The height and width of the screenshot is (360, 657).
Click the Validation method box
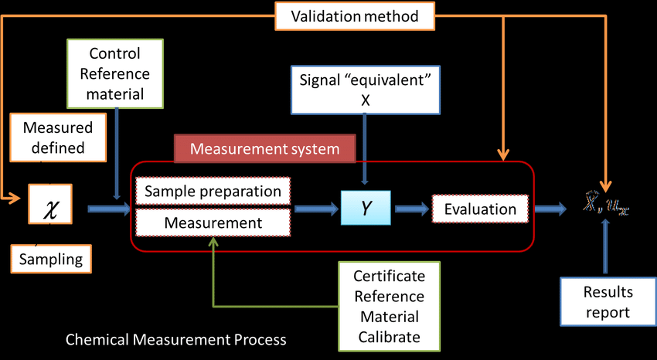point(354,15)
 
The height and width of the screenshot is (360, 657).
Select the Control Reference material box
point(116,73)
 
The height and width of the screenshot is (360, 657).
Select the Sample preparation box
point(213,191)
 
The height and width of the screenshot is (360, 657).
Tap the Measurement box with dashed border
point(213,223)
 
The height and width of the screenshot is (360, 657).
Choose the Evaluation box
point(481,209)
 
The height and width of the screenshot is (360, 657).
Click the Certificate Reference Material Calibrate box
point(387,307)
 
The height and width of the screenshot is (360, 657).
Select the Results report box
point(607,302)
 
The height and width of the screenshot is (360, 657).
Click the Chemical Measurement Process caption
point(176,340)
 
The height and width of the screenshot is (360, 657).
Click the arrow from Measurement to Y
point(316,208)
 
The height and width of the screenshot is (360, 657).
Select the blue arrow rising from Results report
point(607,247)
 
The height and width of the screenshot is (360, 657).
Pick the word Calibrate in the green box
point(387,337)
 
